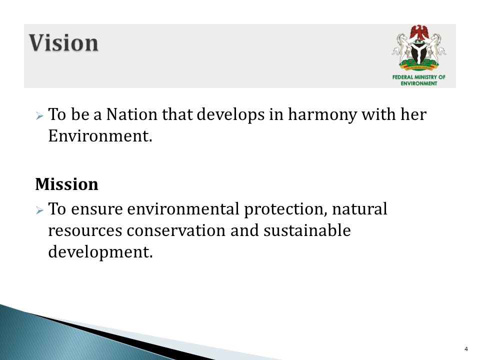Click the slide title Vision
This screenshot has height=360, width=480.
(63, 43)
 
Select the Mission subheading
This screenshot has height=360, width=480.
(66, 184)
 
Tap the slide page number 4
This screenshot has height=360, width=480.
(466, 349)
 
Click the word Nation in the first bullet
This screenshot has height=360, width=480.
(131, 114)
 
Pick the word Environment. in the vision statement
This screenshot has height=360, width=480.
(100, 135)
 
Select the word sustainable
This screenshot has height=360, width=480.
(307, 230)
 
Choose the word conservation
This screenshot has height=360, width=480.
(176, 230)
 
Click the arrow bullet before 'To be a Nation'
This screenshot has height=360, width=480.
(39, 115)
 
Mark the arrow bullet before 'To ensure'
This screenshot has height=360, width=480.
(39, 210)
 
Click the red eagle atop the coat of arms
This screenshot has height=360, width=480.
(419, 33)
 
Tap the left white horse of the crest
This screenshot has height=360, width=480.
(401, 47)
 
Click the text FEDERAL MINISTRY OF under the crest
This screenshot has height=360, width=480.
(419, 77)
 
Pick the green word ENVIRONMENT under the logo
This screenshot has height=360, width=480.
(419, 83)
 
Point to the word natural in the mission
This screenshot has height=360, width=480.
(359, 209)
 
